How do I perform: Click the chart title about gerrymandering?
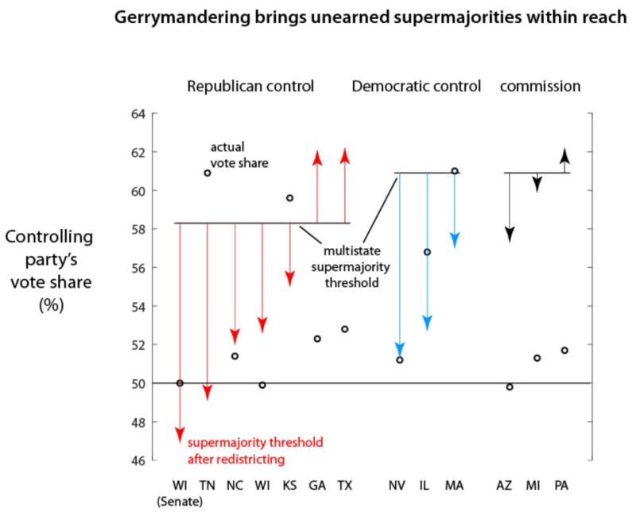pos(371,17)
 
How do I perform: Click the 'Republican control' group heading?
pos(250,86)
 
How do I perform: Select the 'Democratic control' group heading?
pos(417,86)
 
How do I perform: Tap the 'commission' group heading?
pos(540,86)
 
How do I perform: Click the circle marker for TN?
pos(207,173)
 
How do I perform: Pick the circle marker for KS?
pos(289,198)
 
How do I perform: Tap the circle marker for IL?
pos(427,251)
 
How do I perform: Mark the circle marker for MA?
pos(455,171)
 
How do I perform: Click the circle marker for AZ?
pos(510,386)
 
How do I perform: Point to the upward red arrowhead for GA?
pos(317,157)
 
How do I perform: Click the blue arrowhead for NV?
pos(400,350)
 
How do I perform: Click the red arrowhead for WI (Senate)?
pos(180,433)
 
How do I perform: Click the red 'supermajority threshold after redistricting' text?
pos(254,451)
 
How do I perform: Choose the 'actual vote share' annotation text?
pos(239,155)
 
